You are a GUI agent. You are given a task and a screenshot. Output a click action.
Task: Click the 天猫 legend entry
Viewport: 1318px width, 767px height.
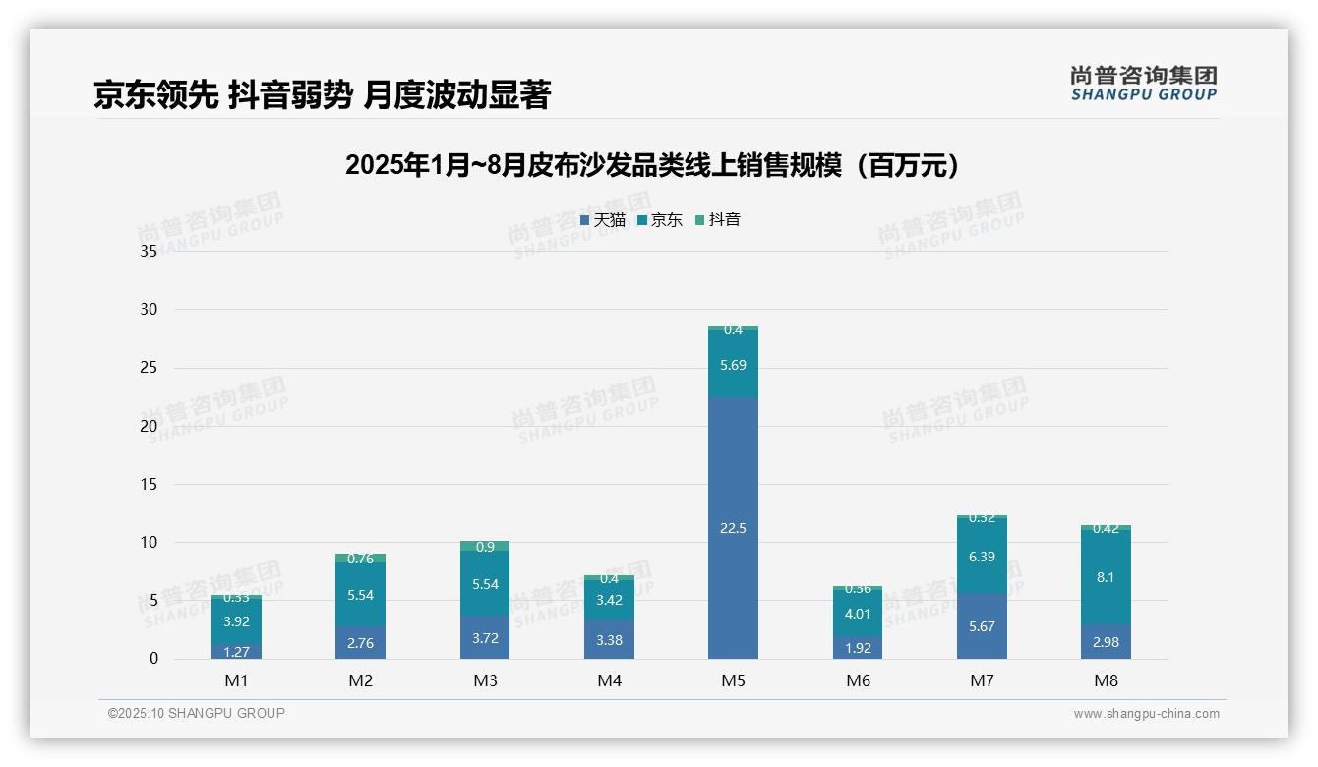coord(603,220)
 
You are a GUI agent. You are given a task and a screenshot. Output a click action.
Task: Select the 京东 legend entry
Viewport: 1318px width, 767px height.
coord(660,220)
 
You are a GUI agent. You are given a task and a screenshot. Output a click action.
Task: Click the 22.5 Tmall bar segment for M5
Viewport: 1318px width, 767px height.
coord(733,528)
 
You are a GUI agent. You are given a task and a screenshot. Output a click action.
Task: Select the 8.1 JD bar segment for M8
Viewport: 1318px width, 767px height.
coord(1106,577)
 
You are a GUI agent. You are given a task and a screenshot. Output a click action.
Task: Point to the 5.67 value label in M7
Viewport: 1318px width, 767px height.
coord(982,625)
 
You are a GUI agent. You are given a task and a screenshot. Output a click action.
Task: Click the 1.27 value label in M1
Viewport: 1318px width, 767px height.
coord(236,651)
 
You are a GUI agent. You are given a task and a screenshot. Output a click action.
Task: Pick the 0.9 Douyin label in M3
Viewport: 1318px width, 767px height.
coord(485,547)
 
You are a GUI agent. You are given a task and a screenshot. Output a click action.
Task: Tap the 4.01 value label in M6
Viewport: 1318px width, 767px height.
coord(858,614)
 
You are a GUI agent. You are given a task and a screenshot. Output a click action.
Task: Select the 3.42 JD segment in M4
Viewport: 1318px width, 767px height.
coord(609,600)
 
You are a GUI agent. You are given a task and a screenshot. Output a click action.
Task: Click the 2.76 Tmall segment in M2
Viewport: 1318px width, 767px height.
coord(360,642)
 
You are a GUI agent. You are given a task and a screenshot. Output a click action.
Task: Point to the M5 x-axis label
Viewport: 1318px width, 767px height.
coord(733,680)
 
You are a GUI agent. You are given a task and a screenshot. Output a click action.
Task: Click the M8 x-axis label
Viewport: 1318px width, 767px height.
coord(1106,680)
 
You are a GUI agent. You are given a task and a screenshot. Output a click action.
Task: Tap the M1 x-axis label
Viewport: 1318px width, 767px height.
coord(236,680)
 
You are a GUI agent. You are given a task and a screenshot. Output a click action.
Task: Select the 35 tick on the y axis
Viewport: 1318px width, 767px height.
coord(149,251)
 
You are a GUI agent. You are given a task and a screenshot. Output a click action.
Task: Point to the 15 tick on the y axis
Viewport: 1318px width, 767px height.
coord(149,484)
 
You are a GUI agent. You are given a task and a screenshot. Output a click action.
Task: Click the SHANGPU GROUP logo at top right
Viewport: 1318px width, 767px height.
coord(1143,84)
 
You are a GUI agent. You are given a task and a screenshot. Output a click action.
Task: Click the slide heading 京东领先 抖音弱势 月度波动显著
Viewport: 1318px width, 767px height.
coord(322,94)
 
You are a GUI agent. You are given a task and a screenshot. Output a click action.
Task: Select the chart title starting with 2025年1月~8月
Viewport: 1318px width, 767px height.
coord(652,165)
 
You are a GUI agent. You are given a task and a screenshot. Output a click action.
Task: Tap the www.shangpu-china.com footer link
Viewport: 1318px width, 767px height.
coord(1146,714)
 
